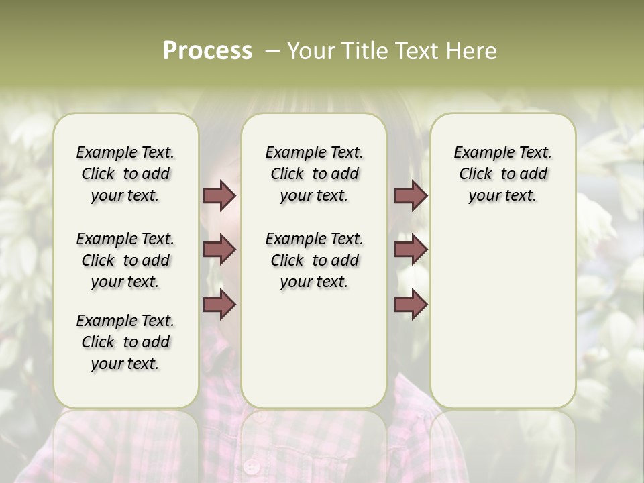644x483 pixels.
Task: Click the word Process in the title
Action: point(207,51)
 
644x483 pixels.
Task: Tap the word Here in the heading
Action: point(470,51)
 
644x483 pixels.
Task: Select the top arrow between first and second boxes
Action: point(219,195)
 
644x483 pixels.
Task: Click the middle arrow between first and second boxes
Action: point(219,250)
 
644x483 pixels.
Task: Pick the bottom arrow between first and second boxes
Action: point(219,305)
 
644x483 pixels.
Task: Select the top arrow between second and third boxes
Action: point(411,195)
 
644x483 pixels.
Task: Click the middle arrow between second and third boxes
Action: point(411,250)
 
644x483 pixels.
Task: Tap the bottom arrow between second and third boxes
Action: point(411,305)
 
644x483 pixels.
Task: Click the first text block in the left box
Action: point(125,174)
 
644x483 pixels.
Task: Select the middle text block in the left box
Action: point(125,260)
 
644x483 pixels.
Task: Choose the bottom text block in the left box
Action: point(125,342)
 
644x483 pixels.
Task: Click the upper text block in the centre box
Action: point(315,174)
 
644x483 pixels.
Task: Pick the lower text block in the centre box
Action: point(315,260)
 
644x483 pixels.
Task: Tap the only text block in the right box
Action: point(503,174)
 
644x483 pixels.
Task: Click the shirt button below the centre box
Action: point(252,465)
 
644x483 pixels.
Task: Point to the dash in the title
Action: point(272,51)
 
